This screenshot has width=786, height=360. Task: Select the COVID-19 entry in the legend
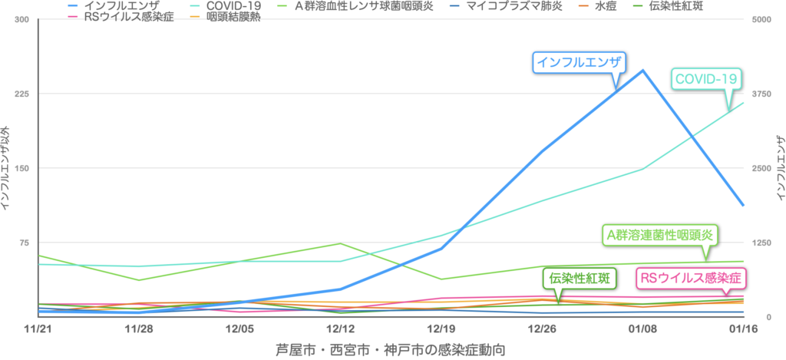223,5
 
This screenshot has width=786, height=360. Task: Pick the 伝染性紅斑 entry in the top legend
675,5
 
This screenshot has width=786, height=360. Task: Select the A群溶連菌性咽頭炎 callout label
659,233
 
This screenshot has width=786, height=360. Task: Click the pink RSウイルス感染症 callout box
692,278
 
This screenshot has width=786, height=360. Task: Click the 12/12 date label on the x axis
340,328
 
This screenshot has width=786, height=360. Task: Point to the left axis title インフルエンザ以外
6,167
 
